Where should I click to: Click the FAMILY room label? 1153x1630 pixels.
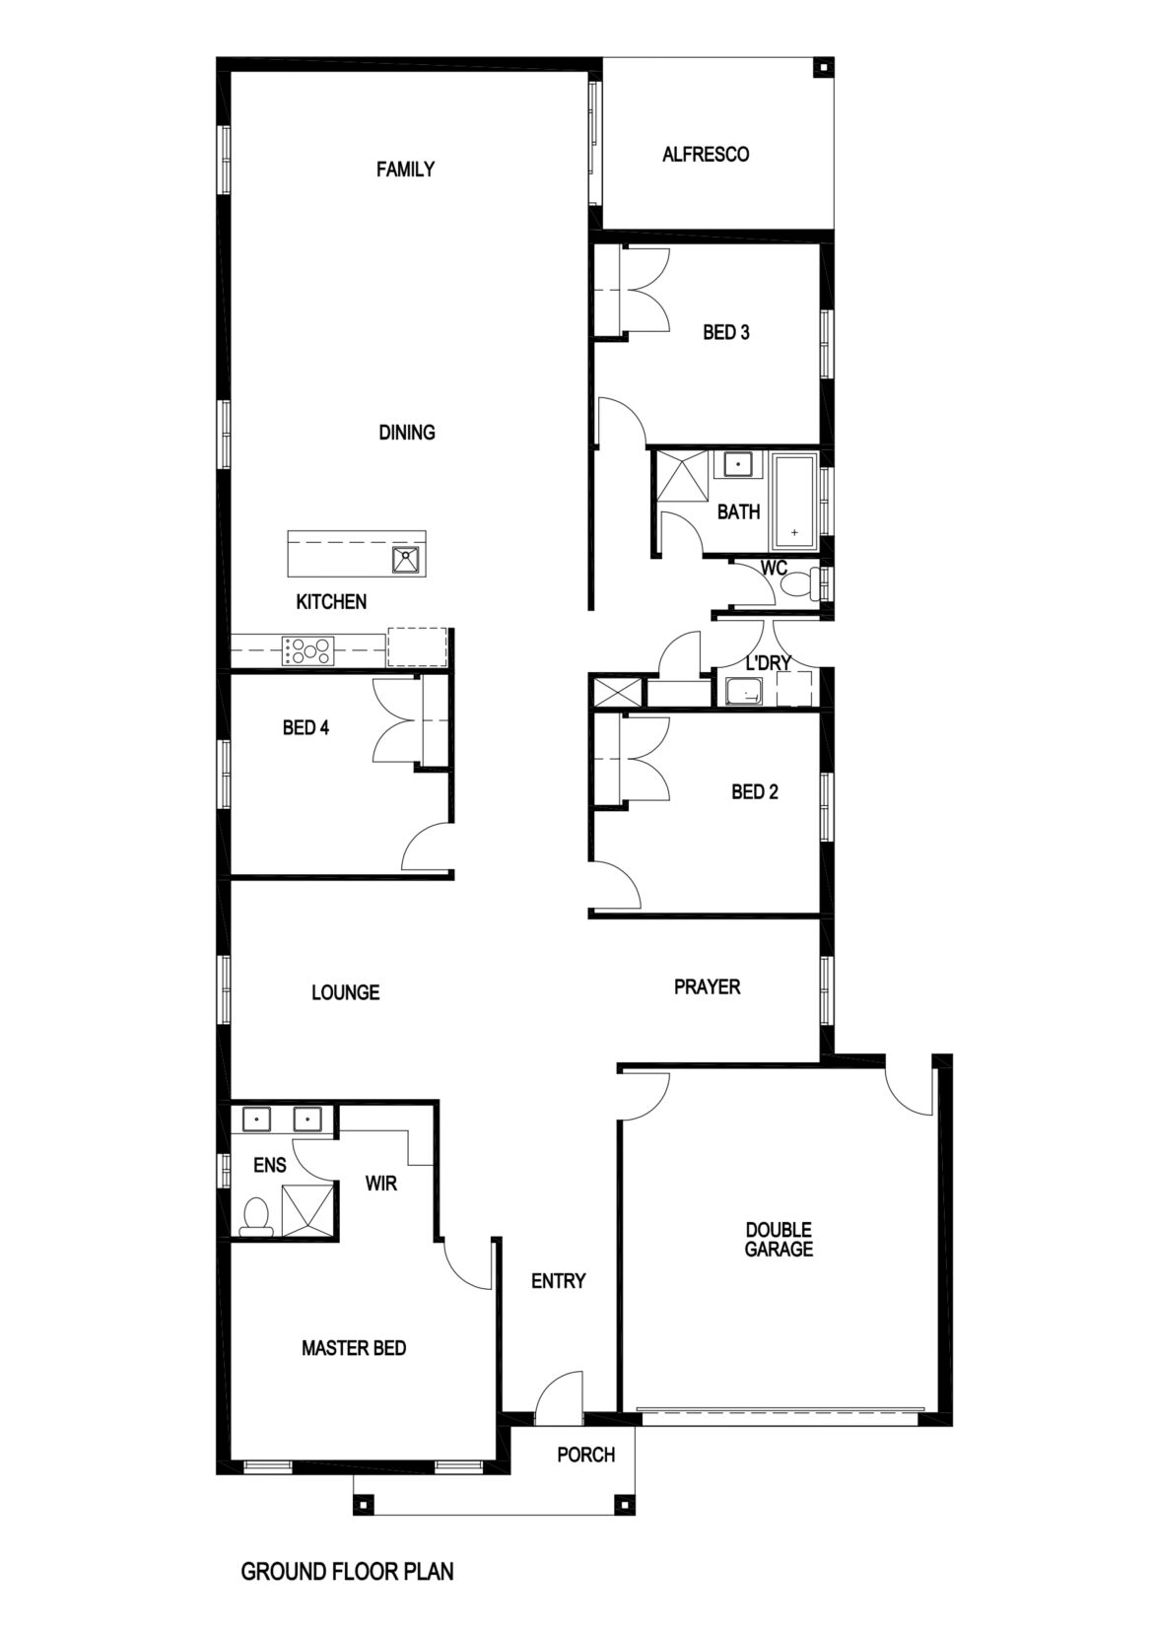[405, 170]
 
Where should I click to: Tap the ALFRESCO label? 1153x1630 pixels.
[706, 155]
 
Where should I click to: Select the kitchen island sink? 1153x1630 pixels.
[406, 560]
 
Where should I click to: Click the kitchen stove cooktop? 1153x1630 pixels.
[309, 650]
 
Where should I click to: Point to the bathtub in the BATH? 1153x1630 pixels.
[794, 501]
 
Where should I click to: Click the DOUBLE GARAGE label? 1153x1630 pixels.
[779, 1240]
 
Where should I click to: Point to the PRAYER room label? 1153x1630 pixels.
[707, 986]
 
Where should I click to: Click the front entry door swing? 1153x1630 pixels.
[559, 1396]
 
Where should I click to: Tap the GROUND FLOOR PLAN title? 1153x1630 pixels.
[347, 1571]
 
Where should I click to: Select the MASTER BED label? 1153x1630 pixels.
[354, 1348]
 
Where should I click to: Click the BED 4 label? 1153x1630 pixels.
[305, 728]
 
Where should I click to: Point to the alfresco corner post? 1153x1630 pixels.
[821, 68]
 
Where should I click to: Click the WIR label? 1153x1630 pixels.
[381, 1183]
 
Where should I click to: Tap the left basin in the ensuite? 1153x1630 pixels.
[258, 1120]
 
